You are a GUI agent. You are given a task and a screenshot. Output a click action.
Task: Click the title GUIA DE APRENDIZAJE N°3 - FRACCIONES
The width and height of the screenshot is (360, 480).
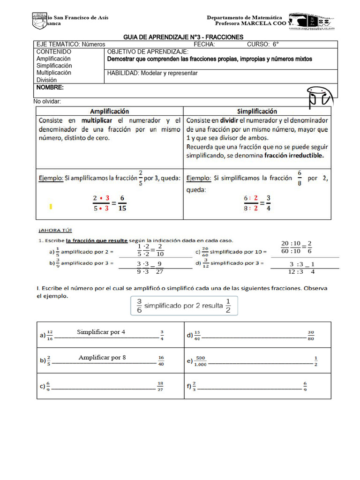coord(183,37)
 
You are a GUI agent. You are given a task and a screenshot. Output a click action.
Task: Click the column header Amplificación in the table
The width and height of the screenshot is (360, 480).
coord(109,112)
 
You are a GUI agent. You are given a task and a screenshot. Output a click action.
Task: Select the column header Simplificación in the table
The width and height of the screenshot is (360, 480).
coord(257,112)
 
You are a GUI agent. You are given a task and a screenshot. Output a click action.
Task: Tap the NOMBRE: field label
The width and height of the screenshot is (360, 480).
coord(50,88)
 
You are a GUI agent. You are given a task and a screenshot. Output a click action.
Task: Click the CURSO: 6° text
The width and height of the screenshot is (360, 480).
coord(262,45)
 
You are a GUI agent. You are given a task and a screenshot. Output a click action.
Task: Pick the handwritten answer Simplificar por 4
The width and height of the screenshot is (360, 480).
coord(101,332)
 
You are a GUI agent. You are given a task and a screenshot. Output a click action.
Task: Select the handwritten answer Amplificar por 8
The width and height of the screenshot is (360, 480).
coord(102,358)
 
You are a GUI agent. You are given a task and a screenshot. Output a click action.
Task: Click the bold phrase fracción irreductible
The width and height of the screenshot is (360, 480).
coord(294,156)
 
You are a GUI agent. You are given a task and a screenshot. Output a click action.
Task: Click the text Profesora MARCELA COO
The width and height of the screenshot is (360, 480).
coord(250,24)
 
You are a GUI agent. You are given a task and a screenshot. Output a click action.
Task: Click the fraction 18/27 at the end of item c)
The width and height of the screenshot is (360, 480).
coord(160,386)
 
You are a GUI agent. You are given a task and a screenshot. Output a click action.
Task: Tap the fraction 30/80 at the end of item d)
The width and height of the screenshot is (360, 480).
coord(311,336)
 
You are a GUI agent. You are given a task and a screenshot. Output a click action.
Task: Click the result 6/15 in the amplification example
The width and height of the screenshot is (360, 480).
coord(122,202)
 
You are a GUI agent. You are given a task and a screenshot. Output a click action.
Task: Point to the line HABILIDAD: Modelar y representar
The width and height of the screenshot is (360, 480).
coord(152,73)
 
